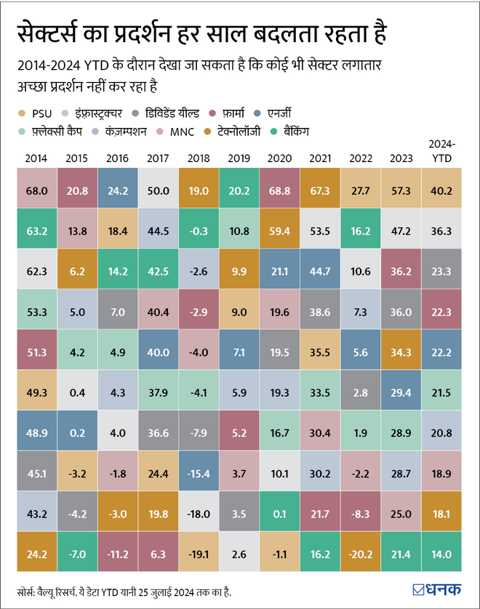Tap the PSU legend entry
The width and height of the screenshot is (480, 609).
click(39, 113)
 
